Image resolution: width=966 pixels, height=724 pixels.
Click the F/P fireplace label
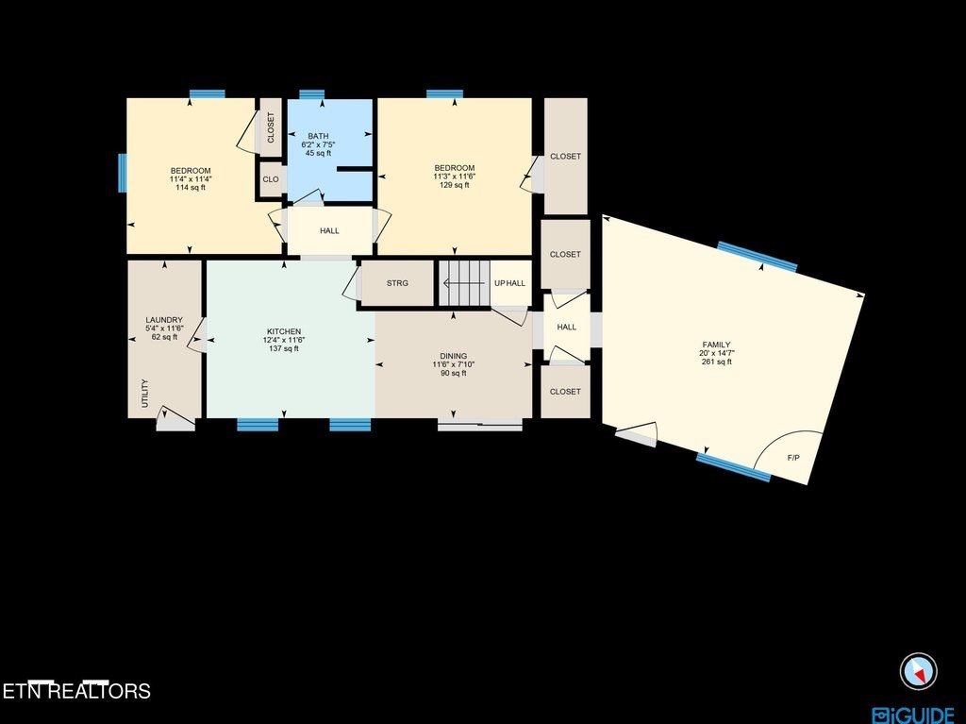(793, 458)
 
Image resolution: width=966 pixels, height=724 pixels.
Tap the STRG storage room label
(397, 283)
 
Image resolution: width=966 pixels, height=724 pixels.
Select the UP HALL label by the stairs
(510, 283)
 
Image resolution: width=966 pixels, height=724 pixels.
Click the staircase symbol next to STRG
(464, 283)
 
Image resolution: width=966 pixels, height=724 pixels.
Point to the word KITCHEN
(284, 331)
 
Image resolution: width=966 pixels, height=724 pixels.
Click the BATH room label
(319, 136)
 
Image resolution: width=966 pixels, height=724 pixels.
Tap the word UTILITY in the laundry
(145, 393)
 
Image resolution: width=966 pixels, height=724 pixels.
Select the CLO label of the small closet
(271, 179)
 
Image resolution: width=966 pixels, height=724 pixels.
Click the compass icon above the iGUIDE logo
(918, 671)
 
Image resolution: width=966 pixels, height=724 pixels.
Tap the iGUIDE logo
(913, 716)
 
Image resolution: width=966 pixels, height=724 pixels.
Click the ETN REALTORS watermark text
(76, 691)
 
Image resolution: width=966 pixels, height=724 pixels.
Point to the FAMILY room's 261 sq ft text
(717, 362)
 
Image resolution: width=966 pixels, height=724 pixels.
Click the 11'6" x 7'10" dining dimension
(454, 364)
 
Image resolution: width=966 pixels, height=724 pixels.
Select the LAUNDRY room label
(164, 320)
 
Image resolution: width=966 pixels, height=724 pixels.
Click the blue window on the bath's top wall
(311, 94)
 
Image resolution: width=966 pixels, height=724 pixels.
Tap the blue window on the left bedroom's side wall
(123, 173)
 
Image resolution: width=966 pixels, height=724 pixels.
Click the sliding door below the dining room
(480, 425)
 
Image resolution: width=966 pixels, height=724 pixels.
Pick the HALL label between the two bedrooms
(329, 230)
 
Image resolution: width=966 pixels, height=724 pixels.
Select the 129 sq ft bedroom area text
(455, 184)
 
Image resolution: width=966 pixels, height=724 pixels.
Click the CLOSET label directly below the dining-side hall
(565, 392)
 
